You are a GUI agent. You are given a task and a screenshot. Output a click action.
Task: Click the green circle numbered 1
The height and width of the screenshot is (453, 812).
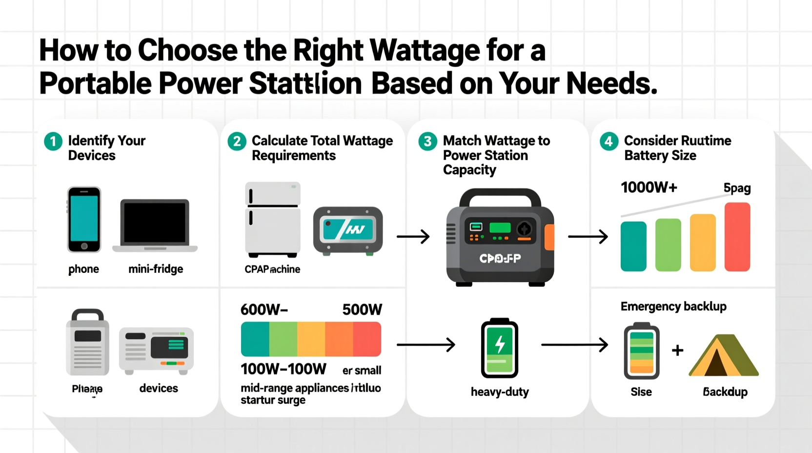(x=53, y=142)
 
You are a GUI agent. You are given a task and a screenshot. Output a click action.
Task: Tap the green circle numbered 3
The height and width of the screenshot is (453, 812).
(x=427, y=142)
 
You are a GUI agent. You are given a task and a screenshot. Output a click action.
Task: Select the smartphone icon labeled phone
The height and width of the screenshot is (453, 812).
(x=84, y=219)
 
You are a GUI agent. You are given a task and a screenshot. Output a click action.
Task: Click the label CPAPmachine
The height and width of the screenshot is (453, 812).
(x=272, y=269)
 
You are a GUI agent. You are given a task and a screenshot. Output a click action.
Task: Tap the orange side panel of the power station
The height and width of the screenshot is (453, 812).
(x=549, y=237)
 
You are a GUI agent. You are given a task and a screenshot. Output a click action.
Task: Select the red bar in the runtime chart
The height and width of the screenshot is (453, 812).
(x=737, y=237)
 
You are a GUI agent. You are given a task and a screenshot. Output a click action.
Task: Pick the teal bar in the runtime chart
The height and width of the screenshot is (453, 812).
(x=633, y=246)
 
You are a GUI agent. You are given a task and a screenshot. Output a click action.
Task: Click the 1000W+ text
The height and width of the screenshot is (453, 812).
(x=649, y=187)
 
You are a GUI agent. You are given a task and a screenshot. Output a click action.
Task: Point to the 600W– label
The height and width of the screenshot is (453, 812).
(x=264, y=309)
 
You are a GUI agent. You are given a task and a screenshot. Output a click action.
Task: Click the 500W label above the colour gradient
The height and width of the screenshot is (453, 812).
(x=362, y=309)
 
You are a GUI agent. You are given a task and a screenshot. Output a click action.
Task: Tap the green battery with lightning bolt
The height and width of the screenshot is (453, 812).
(x=499, y=348)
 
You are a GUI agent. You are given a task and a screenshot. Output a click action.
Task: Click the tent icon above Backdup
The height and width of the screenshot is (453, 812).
(x=724, y=355)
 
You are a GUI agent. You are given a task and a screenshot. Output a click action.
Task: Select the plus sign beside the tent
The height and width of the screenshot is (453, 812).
(x=677, y=350)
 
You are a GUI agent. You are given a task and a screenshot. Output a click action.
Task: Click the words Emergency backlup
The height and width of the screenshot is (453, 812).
(x=673, y=307)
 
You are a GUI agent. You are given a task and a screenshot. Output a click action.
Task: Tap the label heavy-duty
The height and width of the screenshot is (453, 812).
(x=500, y=392)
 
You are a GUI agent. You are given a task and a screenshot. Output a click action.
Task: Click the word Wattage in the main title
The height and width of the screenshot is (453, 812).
(x=425, y=50)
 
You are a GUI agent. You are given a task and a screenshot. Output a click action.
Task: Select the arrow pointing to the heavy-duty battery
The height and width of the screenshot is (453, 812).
(x=426, y=345)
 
